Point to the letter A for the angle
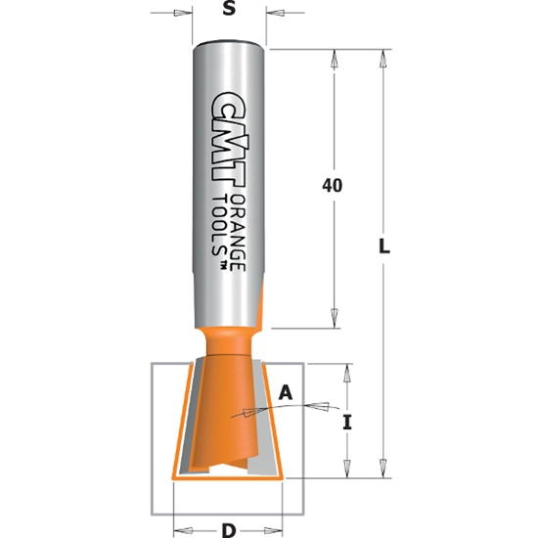point(286,392)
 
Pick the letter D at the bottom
point(228,530)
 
